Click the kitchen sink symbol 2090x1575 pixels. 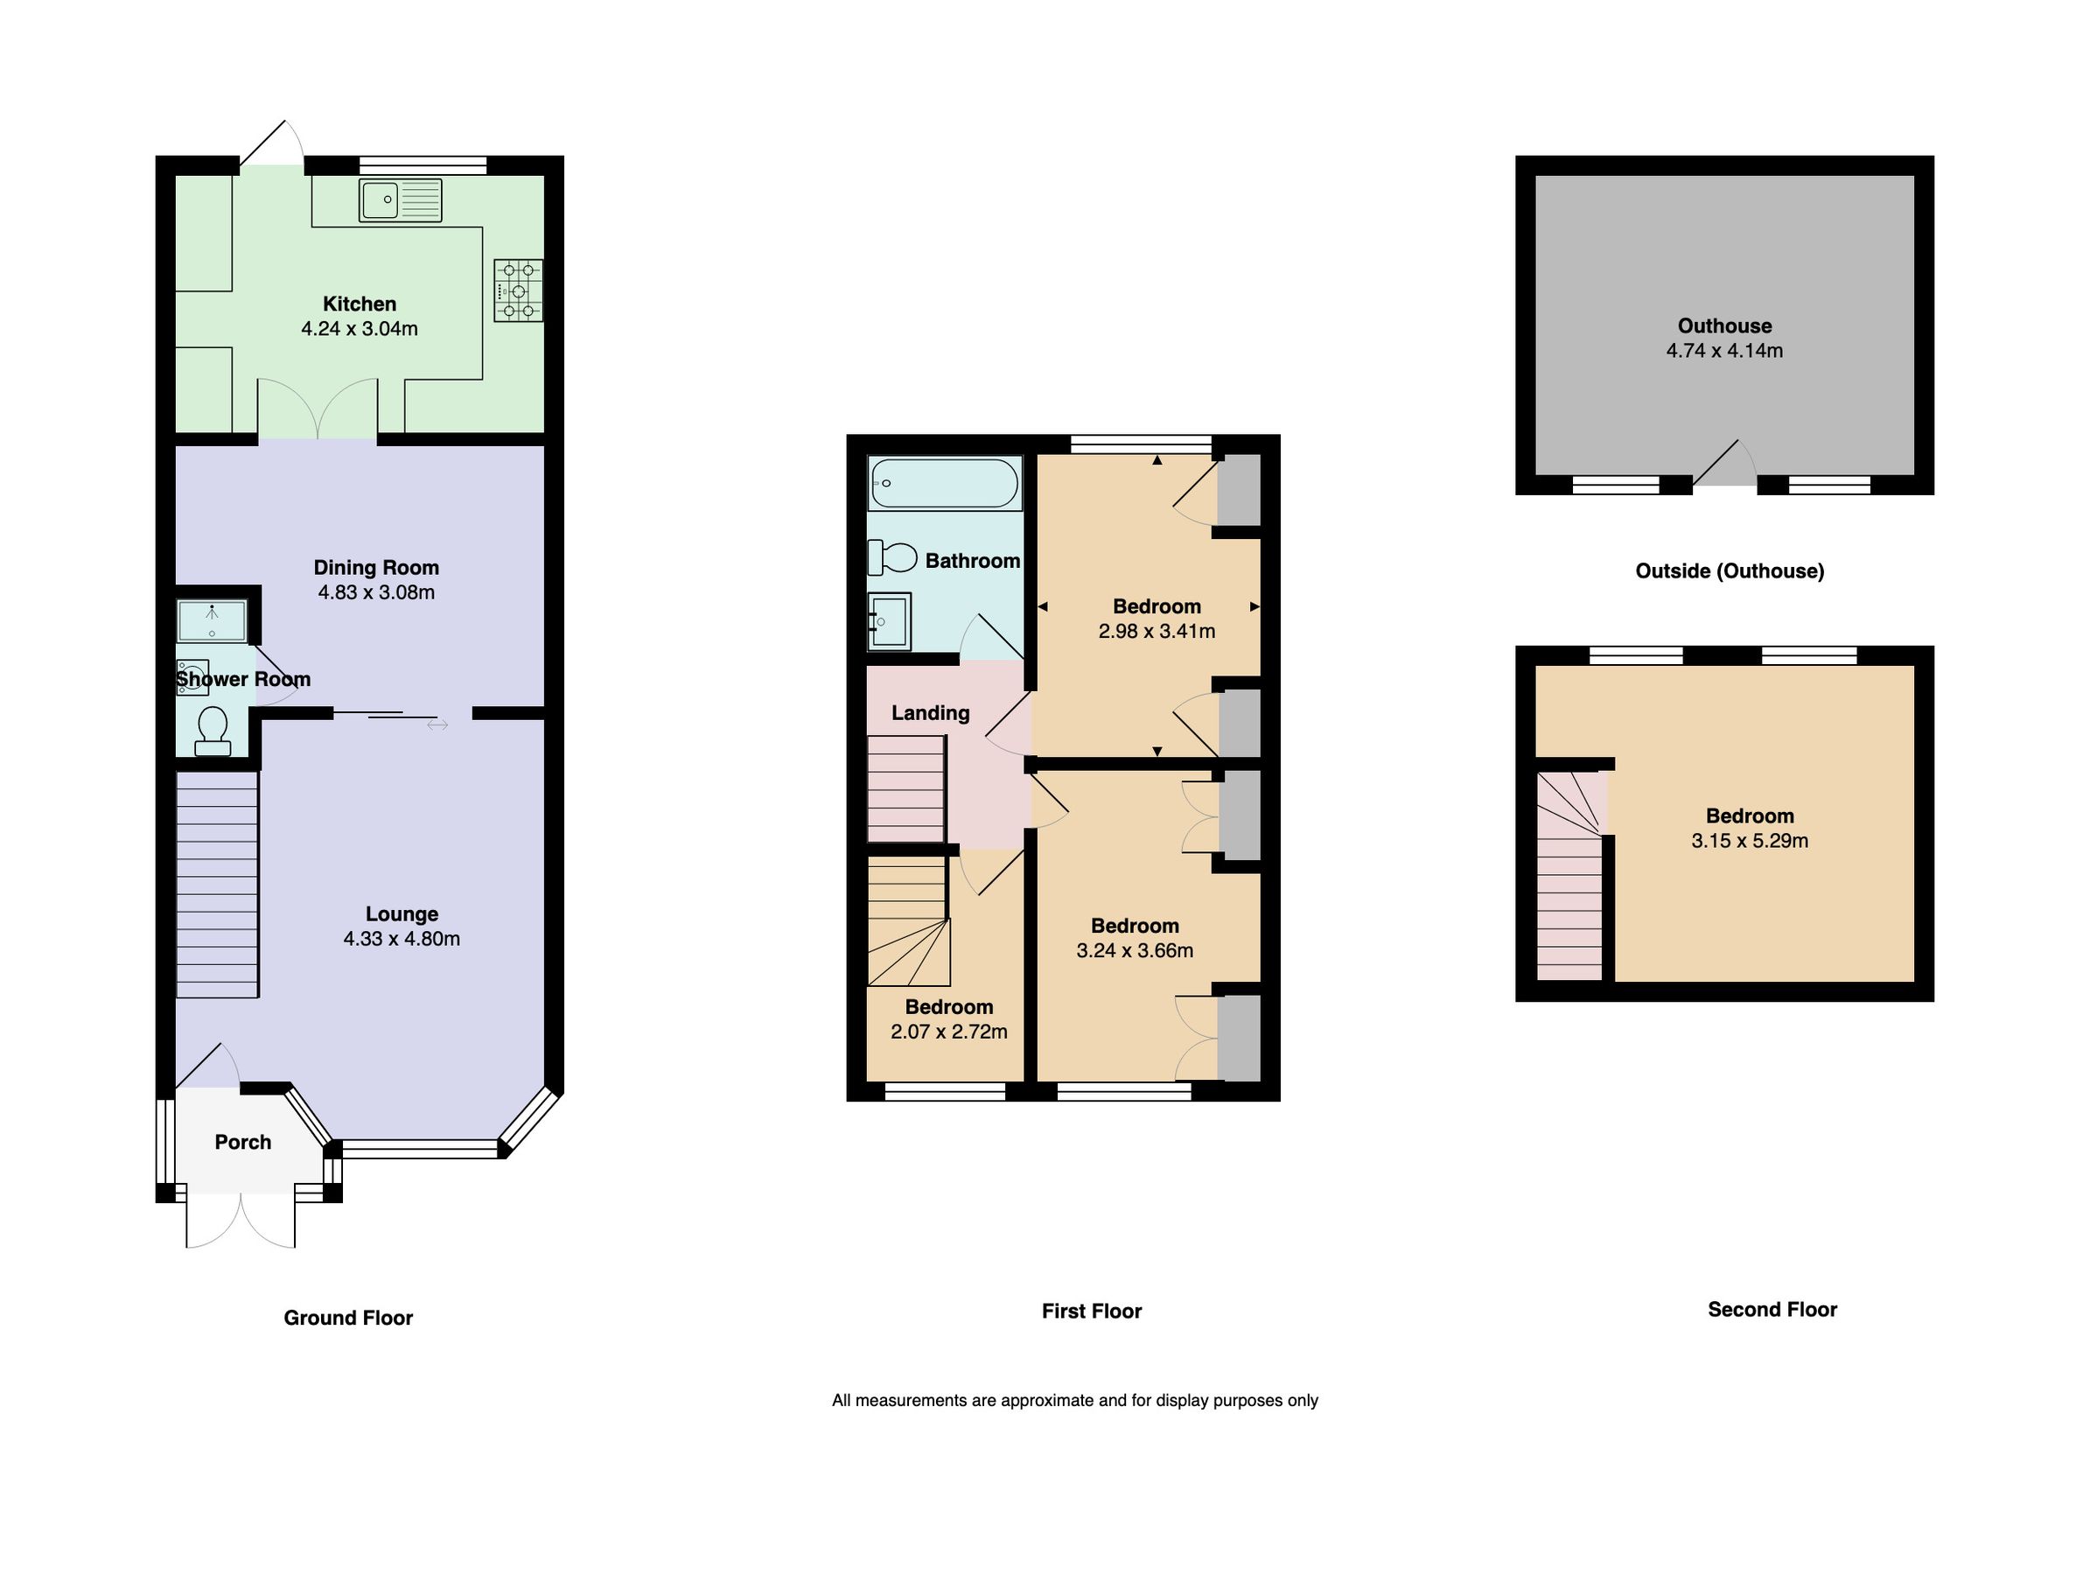400,200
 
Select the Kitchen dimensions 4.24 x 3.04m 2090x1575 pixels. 359,329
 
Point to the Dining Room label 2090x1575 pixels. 376,568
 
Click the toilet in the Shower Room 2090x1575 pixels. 213,731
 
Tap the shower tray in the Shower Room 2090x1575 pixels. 212,620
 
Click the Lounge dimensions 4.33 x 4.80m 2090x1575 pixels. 402,939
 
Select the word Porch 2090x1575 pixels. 243,1142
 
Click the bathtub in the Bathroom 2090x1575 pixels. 944,484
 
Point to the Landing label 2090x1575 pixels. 931,713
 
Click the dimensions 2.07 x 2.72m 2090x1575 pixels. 948,1032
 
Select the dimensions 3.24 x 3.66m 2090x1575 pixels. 1135,950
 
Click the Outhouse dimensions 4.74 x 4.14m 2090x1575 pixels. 1724,351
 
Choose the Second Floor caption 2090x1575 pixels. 1772,1310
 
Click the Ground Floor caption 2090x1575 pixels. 347,1318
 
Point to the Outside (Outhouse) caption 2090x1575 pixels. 1729,570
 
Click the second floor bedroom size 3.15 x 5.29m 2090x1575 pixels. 1749,841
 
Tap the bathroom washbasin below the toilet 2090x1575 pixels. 889,621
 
